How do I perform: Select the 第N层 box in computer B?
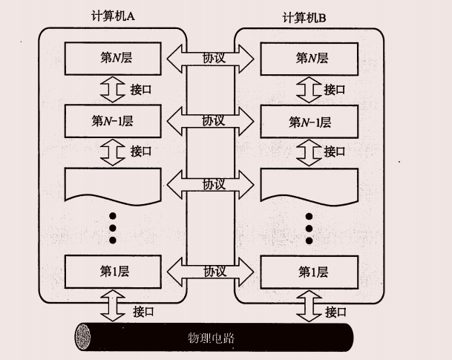click(x=310, y=58)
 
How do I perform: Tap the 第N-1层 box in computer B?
click(x=310, y=121)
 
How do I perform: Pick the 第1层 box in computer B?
click(x=310, y=272)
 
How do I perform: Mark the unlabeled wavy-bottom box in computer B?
click(x=310, y=184)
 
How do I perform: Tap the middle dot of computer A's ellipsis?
click(x=112, y=227)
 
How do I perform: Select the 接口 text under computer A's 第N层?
click(x=140, y=89)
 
